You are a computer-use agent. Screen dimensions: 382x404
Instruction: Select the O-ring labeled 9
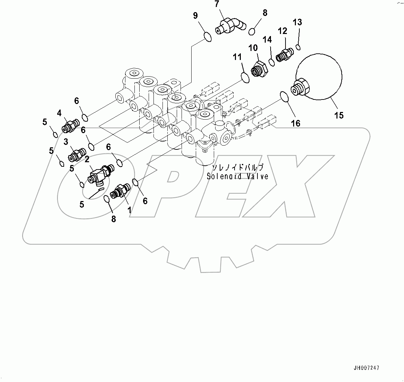(207, 36)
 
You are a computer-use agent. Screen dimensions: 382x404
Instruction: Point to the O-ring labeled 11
(245, 78)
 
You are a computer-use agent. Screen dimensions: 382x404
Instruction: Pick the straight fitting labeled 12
(285, 54)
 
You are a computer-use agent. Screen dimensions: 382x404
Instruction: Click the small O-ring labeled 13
(298, 47)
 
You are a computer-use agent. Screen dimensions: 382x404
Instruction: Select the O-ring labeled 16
(284, 97)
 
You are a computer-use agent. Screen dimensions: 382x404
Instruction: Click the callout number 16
(296, 123)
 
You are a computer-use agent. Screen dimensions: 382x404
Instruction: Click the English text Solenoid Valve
(237, 176)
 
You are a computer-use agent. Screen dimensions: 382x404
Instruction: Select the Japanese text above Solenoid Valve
(237, 167)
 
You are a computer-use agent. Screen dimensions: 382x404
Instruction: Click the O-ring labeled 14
(272, 62)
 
